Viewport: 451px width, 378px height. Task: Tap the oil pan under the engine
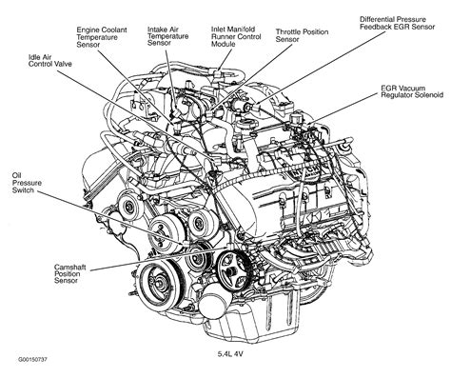pos(295,319)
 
